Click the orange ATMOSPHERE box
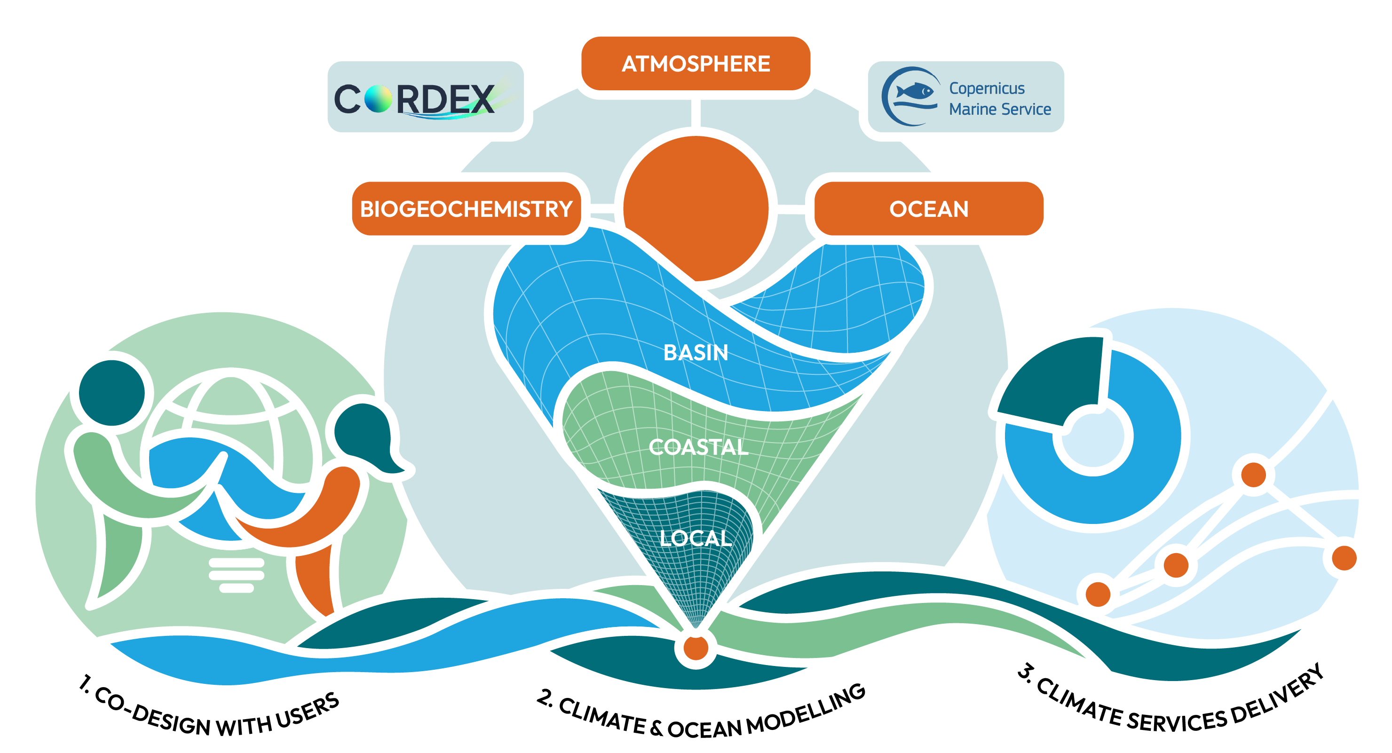[696, 63]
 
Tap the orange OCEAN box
[929, 209]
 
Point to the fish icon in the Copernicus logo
[916, 91]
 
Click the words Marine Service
[1000, 109]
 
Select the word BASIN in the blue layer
[696, 352]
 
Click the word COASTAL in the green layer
[698, 447]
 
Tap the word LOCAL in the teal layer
[696, 539]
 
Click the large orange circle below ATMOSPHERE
[696, 208]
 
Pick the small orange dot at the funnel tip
[696, 648]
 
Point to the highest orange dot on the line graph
[1254, 475]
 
